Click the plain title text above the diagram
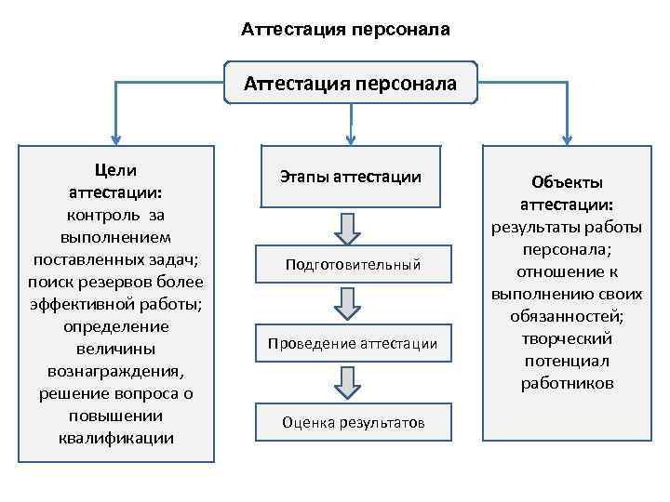pyautogui.click(x=345, y=30)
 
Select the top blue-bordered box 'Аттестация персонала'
pyautogui.click(x=351, y=84)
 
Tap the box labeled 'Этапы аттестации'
pyautogui.click(x=351, y=176)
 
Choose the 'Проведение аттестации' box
pyautogui.click(x=352, y=343)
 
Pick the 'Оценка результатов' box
pyautogui.click(x=353, y=422)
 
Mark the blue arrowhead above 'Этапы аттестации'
pyautogui.click(x=351, y=136)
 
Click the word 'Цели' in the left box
pyautogui.click(x=115, y=170)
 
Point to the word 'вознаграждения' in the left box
pyautogui.click(x=115, y=371)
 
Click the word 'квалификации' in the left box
pyautogui.click(x=115, y=438)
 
